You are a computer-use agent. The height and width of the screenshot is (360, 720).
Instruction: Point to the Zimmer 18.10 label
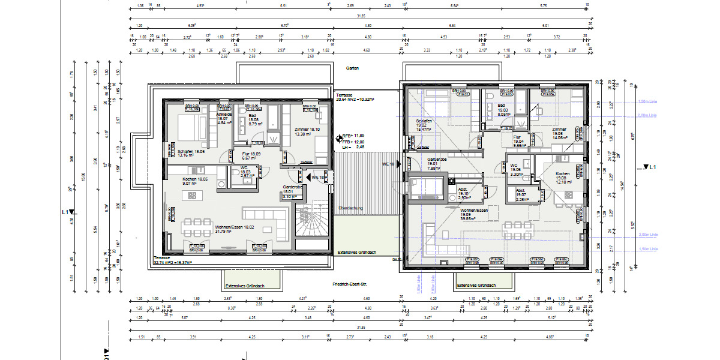[x=307, y=131]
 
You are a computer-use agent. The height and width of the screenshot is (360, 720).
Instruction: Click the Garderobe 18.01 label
[x=292, y=191]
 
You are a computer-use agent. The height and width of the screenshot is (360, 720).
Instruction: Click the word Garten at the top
[x=352, y=68]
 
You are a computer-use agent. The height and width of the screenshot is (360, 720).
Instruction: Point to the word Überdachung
[x=351, y=208]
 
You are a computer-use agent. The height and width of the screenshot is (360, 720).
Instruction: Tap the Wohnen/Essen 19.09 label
[x=473, y=214]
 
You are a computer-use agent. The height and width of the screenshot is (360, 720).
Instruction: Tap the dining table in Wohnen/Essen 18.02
[x=193, y=227]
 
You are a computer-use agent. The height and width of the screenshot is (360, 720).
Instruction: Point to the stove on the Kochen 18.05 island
[x=193, y=195]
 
